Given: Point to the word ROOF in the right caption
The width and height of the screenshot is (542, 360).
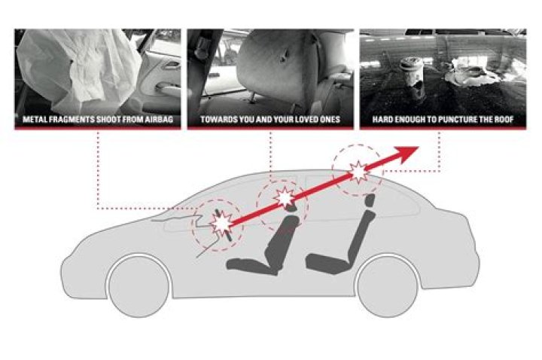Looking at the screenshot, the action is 503,120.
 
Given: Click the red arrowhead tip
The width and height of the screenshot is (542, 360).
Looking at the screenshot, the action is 419,147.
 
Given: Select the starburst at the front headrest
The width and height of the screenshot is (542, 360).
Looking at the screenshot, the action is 284,198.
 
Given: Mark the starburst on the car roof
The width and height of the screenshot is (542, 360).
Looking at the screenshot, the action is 360,172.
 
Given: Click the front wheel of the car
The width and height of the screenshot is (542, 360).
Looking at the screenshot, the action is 139,285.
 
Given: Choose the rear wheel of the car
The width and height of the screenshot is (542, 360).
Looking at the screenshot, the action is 388,285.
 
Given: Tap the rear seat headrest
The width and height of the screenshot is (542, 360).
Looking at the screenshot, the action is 370,201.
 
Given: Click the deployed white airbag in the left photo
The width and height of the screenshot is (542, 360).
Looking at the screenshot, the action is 80,66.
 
